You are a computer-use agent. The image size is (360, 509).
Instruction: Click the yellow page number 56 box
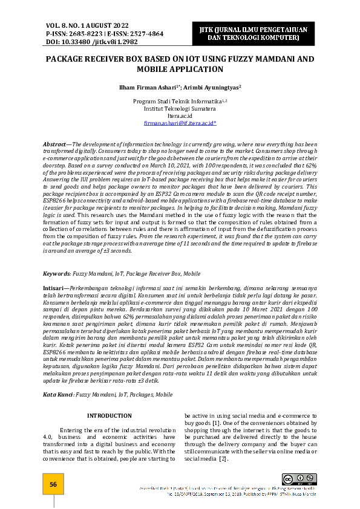point(53,484)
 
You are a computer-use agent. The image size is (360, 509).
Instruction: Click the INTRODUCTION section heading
point(110,415)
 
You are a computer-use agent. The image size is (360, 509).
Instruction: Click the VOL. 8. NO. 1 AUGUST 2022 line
point(87,25)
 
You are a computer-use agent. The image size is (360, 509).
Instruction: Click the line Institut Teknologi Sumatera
point(180,108)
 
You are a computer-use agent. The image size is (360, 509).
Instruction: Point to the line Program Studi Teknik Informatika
point(178,101)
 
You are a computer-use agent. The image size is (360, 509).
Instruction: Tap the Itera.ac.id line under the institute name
point(180,115)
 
